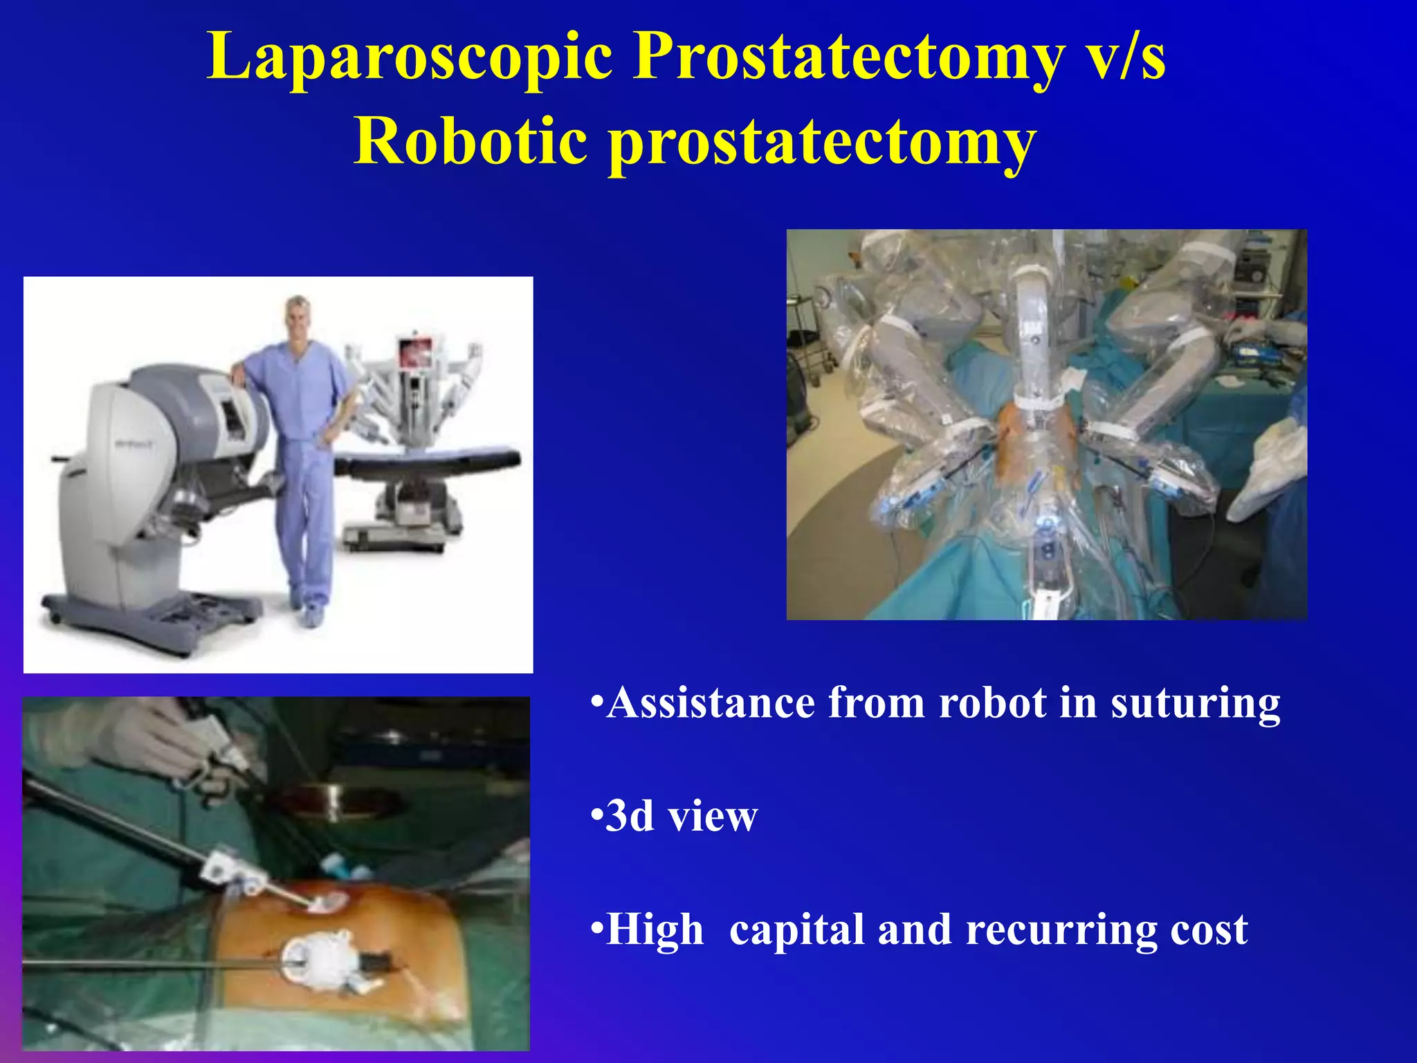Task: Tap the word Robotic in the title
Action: click(470, 141)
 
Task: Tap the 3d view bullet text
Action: click(681, 816)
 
